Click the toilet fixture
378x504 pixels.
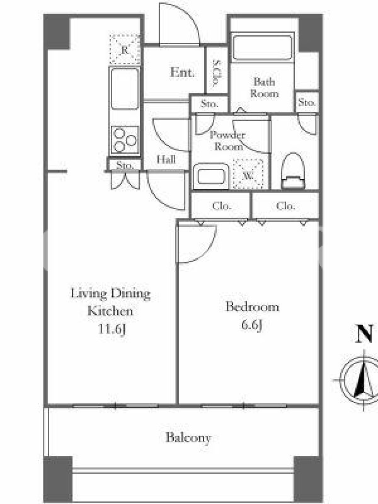click(292, 171)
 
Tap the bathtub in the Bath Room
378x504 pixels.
click(262, 48)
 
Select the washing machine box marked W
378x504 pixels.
click(248, 175)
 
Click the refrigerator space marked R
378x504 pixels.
click(125, 50)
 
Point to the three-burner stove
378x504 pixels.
click(125, 140)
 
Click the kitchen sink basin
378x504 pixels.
click(124, 88)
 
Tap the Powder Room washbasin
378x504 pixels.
click(211, 176)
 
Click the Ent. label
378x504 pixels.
click(182, 72)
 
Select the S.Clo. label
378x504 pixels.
click(217, 74)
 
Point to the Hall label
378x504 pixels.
click(166, 159)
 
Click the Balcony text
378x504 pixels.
click(188, 438)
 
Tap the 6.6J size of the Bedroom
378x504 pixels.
click(252, 325)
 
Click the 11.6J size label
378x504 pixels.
click(112, 329)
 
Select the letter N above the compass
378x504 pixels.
click(365, 334)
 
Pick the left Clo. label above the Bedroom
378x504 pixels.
click(222, 206)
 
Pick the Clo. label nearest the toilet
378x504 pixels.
click(286, 206)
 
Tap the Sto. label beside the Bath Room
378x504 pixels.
click(307, 103)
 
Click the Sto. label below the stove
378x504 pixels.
click(125, 165)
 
